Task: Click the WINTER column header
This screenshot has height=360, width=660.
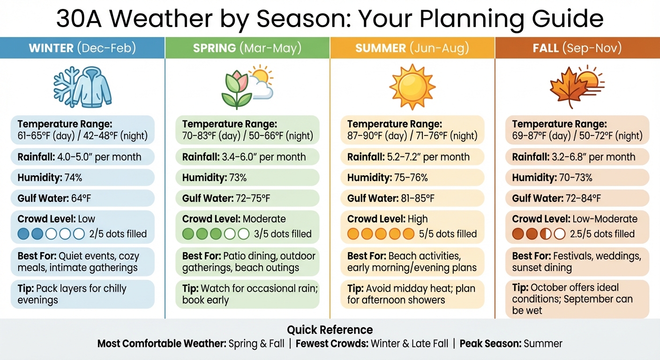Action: point(82,48)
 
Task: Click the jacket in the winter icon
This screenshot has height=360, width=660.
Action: point(93,87)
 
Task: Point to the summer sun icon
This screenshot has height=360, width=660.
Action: point(412,87)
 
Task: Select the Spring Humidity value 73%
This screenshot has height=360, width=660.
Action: point(238,178)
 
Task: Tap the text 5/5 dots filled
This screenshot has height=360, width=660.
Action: point(448,234)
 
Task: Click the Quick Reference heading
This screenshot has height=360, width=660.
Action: point(330,330)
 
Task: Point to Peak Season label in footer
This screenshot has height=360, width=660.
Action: point(490,344)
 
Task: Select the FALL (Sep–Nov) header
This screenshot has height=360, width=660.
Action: point(577,48)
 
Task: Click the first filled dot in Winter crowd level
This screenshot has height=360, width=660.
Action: point(23,234)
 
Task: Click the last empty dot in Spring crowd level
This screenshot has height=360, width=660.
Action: point(243,234)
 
